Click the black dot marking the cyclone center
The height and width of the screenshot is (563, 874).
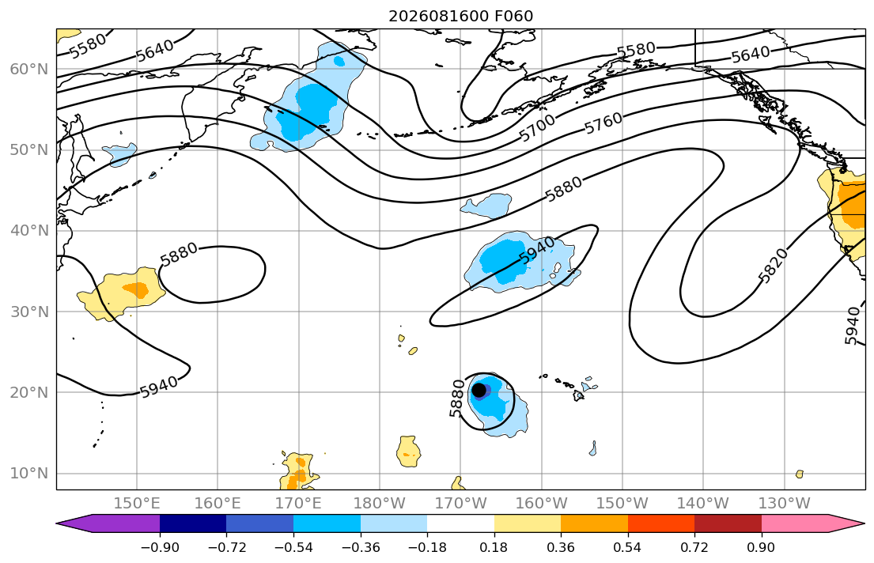point(479,390)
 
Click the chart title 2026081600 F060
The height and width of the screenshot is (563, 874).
point(460,16)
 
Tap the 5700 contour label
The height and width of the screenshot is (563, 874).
point(537,127)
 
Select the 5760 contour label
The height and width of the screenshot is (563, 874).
point(603,123)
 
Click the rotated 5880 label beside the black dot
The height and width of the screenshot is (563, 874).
point(456,398)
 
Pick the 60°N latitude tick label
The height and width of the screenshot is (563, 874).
point(29,69)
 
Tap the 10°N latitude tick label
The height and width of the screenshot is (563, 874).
point(29,474)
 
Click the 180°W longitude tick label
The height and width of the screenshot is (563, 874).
point(380,504)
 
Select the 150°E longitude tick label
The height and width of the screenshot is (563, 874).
point(137,504)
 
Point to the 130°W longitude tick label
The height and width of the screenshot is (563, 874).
point(785,504)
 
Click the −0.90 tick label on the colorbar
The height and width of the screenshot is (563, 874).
point(160,547)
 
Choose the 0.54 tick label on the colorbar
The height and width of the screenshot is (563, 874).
point(628,547)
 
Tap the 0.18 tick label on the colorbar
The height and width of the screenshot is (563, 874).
point(494,547)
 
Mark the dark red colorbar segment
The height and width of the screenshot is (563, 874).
point(728,523)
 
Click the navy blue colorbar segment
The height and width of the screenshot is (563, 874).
point(193,523)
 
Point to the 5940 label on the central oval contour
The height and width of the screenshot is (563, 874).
point(537,251)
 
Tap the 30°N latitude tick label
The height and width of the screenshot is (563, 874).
point(29,312)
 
